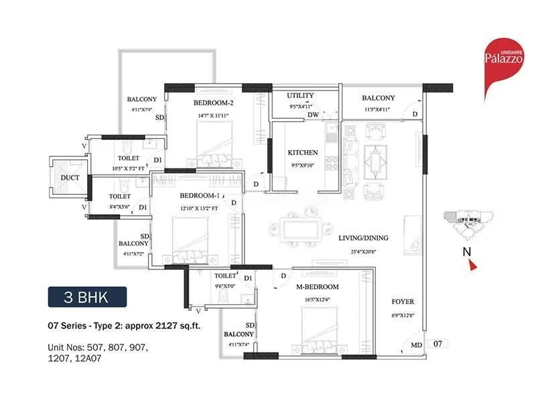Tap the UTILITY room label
[301, 96]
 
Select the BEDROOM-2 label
[213, 103]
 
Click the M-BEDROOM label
[318, 287]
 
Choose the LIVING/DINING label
[363, 238]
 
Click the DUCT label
[70, 178]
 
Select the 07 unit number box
[438, 343]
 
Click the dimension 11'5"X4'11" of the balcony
[378, 109]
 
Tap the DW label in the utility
[312, 115]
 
